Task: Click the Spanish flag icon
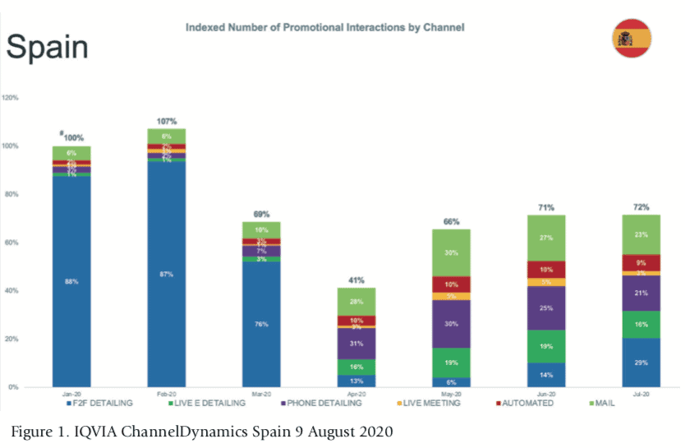tap(631, 37)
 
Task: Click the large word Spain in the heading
tap(47, 46)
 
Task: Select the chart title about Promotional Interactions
tap(324, 27)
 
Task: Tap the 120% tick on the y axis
tap(11, 98)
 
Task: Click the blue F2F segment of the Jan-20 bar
tap(71, 281)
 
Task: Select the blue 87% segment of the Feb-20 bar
tap(166, 274)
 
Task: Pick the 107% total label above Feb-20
tap(167, 121)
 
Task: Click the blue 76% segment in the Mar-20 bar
tap(261, 324)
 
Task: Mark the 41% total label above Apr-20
tap(356, 280)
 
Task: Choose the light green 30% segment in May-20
tap(451, 253)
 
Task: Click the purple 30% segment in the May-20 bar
tap(451, 324)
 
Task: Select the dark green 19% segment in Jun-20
tap(546, 346)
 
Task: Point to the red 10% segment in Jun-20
tap(546, 270)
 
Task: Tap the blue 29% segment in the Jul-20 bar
tap(641, 362)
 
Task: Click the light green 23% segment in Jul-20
tap(641, 234)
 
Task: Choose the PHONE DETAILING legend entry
tap(321, 403)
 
